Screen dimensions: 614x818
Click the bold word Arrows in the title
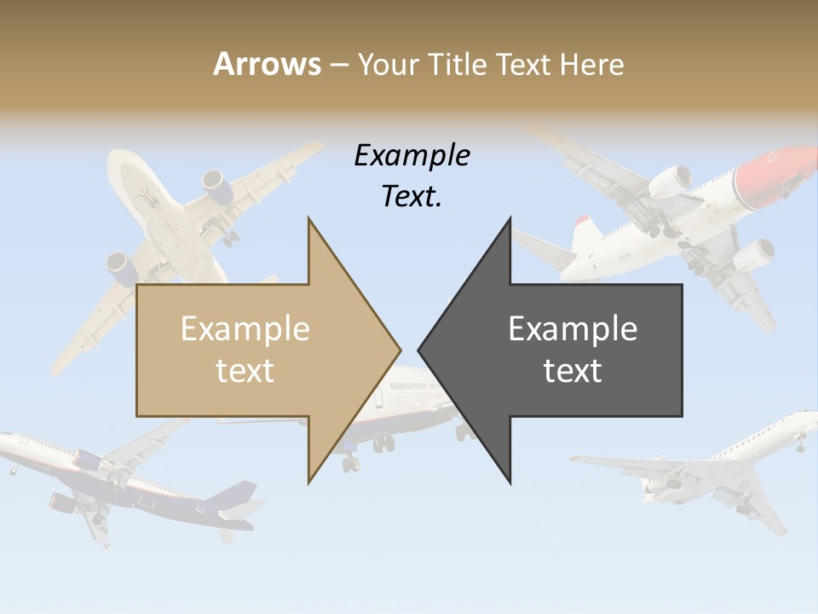coord(267,64)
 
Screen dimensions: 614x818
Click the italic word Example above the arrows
coord(412,156)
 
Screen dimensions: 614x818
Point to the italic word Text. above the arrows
coord(412,197)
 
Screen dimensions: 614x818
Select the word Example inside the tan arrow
coord(245,328)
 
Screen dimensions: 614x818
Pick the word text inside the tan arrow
coord(245,370)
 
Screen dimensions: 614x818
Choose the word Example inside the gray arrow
coord(573,328)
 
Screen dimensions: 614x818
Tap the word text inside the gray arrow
coord(573,370)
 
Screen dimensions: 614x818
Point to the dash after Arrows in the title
coord(337,65)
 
